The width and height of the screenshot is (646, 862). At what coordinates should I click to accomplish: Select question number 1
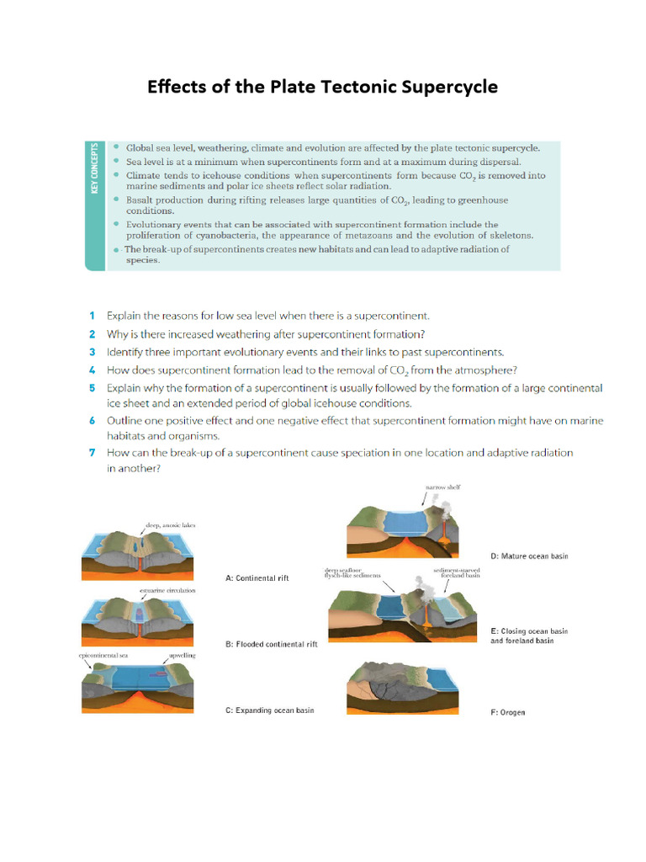tap(92, 316)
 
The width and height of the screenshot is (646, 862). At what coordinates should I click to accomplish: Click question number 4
tap(92, 370)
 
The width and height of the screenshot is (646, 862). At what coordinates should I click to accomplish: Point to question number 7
tap(92, 452)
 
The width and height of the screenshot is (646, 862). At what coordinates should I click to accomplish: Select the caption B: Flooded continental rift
tap(271, 644)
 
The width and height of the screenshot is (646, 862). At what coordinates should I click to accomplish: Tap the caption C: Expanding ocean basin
tap(269, 710)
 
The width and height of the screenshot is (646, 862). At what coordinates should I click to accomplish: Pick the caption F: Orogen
tap(507, 712)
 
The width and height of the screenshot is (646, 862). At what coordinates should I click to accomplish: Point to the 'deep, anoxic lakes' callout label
tap(170, 525)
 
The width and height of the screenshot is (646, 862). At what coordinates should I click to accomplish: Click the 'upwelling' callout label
tap(181, 654)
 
